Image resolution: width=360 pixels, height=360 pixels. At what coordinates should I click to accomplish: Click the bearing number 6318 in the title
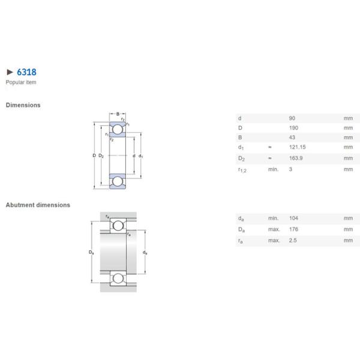pos(26,72)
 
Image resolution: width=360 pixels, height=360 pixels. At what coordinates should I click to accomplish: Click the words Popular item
pos(21,82)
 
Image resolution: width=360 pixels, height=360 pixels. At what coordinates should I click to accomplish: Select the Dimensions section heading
pos(23,105)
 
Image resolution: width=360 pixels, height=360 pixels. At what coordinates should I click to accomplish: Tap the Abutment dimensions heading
pos(38,205)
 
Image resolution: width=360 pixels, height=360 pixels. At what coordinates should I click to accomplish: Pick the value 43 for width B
pos(292,137)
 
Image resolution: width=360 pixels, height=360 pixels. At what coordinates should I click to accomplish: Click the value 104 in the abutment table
pos(293,218)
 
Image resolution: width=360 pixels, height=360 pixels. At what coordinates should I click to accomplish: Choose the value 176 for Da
pos(293,229)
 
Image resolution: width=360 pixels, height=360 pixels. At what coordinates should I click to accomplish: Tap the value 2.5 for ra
pos(292,240)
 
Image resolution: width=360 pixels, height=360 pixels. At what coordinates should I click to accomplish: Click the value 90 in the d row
pos(292,118)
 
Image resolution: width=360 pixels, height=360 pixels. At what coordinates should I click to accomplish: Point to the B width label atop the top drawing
pos(118,113)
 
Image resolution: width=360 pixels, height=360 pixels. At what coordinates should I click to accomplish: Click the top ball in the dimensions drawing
pos(118,129)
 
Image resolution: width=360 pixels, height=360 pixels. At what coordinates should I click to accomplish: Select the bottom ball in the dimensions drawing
pos(118,181)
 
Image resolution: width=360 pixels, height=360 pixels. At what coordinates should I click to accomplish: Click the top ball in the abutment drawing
pos(118,226)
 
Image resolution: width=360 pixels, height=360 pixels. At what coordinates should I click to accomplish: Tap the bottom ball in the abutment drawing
pos(118,278)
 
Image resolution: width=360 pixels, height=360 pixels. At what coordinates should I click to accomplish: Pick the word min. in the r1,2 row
pos(274,170)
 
